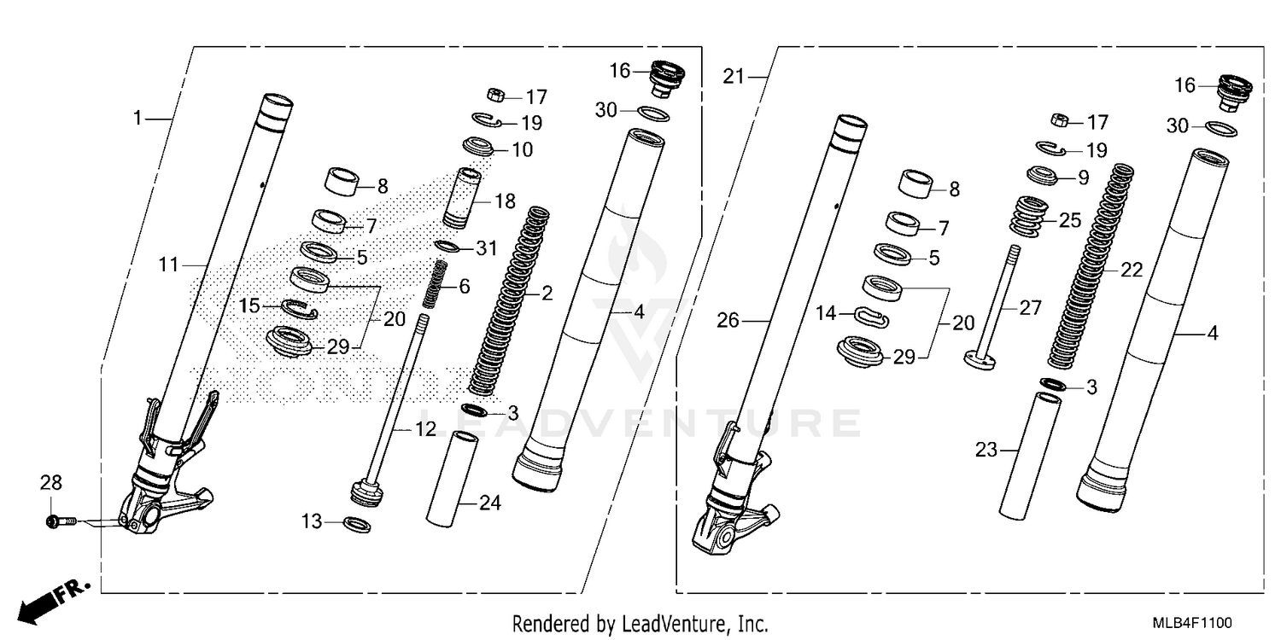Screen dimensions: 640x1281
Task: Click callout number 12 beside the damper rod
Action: point(425,430)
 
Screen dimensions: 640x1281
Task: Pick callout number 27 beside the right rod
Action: point(1030,307)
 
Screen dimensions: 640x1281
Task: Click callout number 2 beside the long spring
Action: point(547,294)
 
